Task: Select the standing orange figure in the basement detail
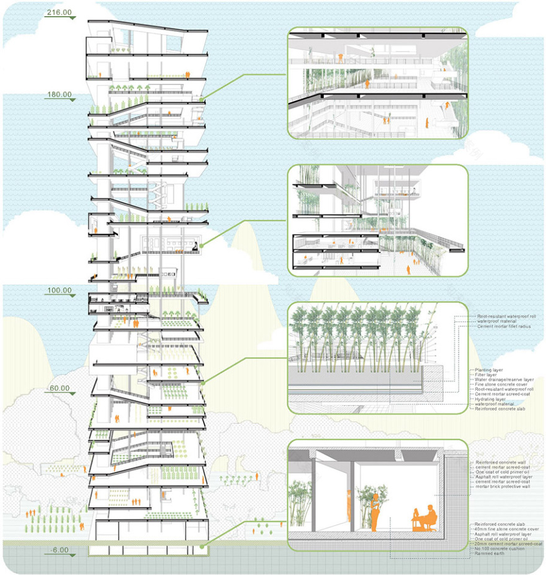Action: click(374, 514)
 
